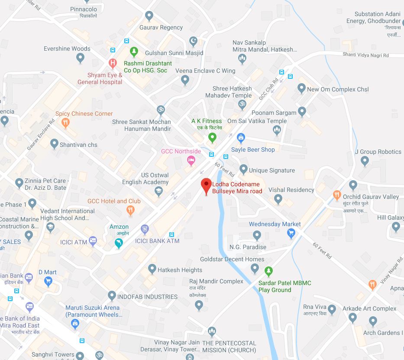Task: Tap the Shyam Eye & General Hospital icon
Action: coord(113,64)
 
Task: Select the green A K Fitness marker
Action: coord(212,138)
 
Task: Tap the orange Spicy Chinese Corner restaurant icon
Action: coord(65,123)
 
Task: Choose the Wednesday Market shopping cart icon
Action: coord(291,234)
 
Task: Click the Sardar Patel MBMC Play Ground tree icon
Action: coord(268,272)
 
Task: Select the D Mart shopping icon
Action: coord(48,282)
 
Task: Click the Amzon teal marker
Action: coord(119,244)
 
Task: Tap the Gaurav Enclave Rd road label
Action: coord(40,135)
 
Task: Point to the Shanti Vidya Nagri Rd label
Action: coord(366,55)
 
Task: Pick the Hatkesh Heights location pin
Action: coord(152,269)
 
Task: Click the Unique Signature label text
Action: coord(271,170)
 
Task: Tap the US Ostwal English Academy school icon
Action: coord(159,191)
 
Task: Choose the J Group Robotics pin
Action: coord(365,161)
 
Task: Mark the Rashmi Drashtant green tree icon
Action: coord(134,52)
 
